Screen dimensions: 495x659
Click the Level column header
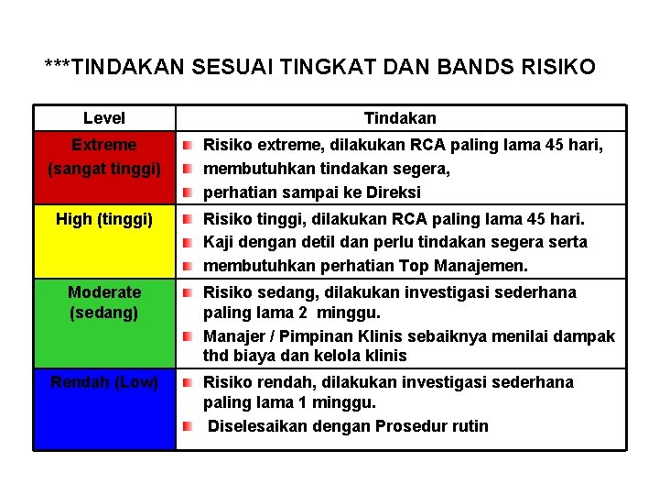(x=104, y=118)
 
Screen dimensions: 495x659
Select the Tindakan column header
(x=400, y=118)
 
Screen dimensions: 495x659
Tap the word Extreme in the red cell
(x=104, y=145)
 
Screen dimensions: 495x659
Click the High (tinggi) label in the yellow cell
(x=104, y=219)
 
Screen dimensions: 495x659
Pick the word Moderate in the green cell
(x=104, y=292)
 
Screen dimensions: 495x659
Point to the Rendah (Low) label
(x=104, y=382)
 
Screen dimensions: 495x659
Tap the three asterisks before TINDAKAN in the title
(x=57, y=67)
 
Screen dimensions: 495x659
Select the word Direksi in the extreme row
(x=395, y=192)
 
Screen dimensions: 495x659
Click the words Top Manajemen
(x=475, y=266)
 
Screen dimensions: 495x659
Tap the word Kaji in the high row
(x=218, y=242)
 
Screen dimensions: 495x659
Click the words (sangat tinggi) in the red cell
(x=104, y=170)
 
